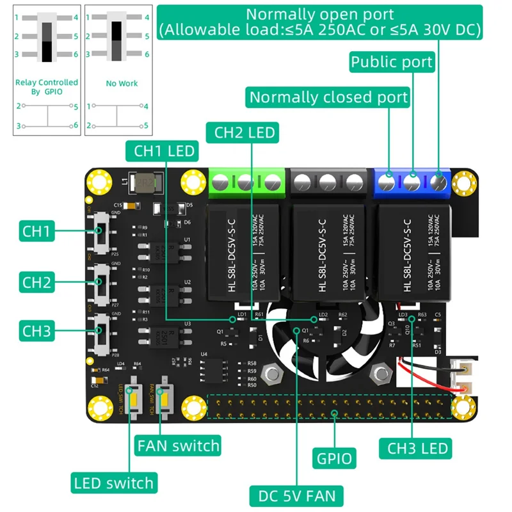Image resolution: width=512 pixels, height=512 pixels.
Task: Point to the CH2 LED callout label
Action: (x=243, y=132)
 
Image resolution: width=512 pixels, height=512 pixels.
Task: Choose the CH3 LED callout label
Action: (x=417, y=447)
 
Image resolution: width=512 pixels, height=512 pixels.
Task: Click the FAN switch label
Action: (x=177, y=445)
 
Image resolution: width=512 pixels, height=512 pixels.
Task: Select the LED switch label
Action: (x=113, y=483)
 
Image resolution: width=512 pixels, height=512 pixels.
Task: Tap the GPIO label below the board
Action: (x=334, y=458)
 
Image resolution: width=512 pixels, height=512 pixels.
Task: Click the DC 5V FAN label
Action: (x=296, y=495)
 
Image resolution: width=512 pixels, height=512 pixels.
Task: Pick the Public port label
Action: (x=392, y=62)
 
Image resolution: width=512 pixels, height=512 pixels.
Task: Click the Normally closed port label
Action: (x=328, y=97)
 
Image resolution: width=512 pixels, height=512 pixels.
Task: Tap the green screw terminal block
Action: (x=246, y=182)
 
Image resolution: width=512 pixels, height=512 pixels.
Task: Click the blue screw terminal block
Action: (x=413, y=182)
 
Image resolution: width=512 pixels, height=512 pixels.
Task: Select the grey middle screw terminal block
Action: (x=328, y=182)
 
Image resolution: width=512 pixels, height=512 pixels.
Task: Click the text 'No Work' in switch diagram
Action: (x=122, y=83)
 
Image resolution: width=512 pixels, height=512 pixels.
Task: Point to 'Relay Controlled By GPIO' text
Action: (x=46, y=87)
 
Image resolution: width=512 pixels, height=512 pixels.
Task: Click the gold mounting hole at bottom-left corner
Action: (x=99, y=407)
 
